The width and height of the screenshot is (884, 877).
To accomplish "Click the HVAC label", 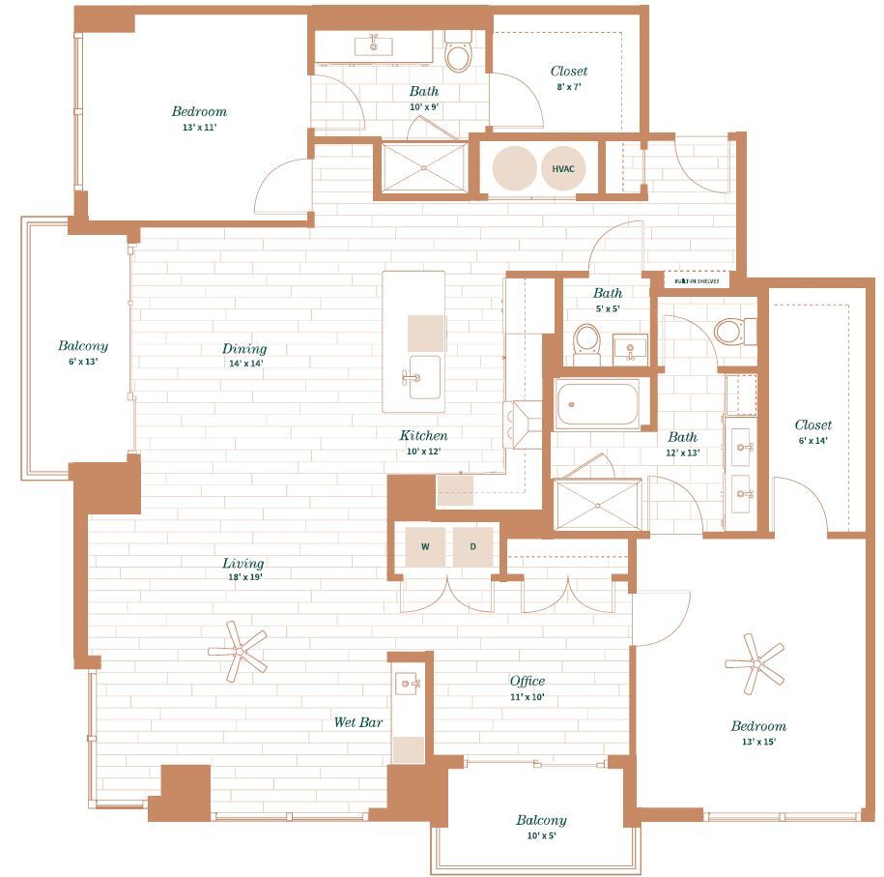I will click(x=563, y=168).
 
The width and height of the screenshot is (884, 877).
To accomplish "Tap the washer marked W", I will click(x=425, y=547).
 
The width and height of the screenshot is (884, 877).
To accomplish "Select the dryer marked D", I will click(x=473, y=547).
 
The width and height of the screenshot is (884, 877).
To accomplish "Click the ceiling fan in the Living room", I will click(x=238, y=649).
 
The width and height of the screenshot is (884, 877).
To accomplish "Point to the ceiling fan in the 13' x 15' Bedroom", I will click(x=756, y=663).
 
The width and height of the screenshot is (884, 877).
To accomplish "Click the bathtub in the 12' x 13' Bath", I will click(x=597, y=404).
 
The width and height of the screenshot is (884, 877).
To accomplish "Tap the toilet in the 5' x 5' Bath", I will click(x=586, y=342).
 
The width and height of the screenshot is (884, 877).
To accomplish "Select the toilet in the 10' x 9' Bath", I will click(x=457, y=56).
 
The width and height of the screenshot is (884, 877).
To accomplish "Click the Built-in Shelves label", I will click(x=697, y=280).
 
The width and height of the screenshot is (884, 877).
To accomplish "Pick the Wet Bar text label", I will click(x=356, y=722).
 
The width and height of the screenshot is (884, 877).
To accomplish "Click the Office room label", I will click(x=528, y=681).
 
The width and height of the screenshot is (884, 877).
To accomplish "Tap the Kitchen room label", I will click(x=423, y=436).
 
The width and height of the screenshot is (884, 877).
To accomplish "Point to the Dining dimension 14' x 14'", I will click(x=243, y=365).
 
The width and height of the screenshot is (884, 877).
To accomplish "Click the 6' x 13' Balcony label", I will click(x=82, y=346).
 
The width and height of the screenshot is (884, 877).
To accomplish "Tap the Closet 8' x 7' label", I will click(x=568, y=72).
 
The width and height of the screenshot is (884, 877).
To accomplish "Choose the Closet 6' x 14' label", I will click(x=813, y=425).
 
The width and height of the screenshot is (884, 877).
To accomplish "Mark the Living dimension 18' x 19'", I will click(x=243, y=577).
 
